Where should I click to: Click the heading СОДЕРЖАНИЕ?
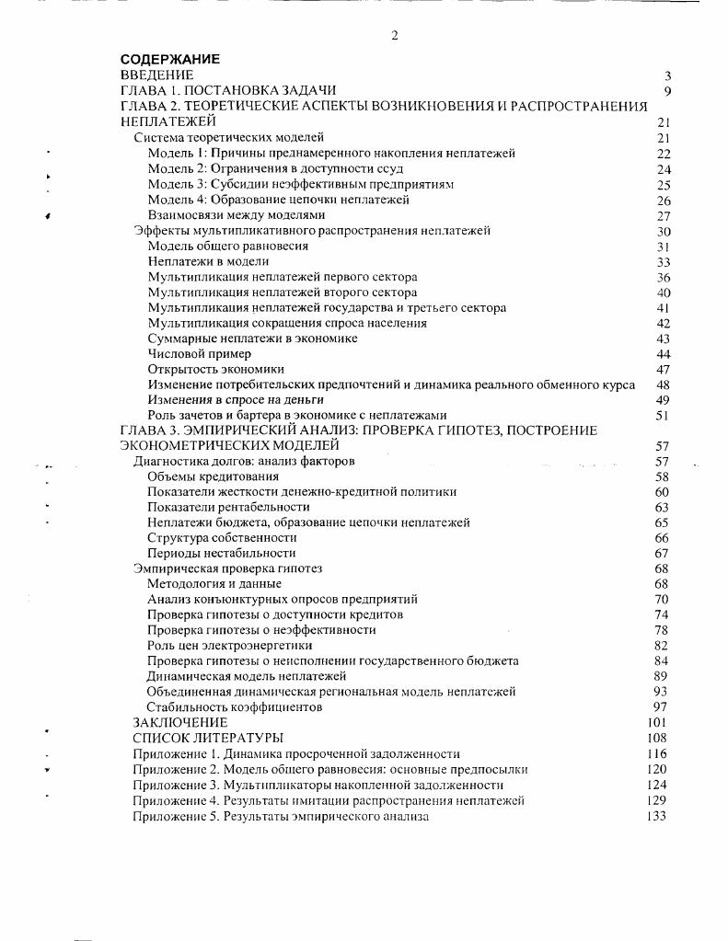point(170,60)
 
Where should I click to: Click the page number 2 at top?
point(395,36)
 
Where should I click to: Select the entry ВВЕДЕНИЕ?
point(157,75)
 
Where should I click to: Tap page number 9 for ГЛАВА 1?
point(667,91)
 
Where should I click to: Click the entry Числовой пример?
point(200,354)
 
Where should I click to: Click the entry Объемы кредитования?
point(213,476)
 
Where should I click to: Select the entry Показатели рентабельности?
point(229,507)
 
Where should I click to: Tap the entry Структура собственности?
point(222,537)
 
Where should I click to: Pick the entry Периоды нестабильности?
point(222,553)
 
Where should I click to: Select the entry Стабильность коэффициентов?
point(235,707)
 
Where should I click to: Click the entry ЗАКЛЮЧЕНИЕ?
point(179,723)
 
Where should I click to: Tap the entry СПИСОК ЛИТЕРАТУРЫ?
point(208,738)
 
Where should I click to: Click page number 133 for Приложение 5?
point(656,816)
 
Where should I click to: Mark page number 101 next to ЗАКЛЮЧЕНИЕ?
point(656,723)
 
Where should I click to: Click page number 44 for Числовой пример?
point(663,354)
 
